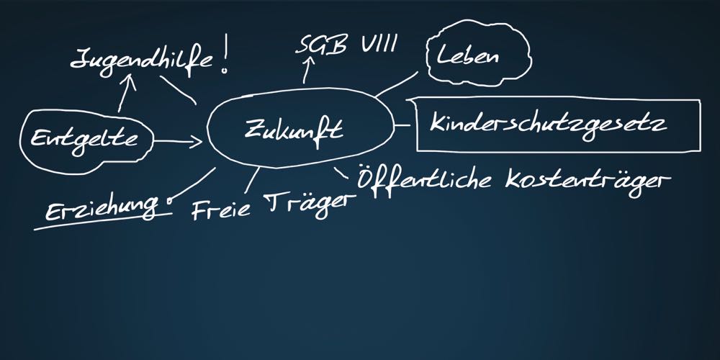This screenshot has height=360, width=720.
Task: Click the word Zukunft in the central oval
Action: coord(294,131)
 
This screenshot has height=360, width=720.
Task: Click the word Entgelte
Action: coord(84,138)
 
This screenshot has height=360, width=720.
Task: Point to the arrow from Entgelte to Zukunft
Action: coord(179,143)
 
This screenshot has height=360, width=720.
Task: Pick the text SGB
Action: coord(320,45)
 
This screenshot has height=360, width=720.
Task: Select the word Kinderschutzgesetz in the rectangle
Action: coord(548,123)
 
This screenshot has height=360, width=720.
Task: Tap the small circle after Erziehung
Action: coord(170,202)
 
